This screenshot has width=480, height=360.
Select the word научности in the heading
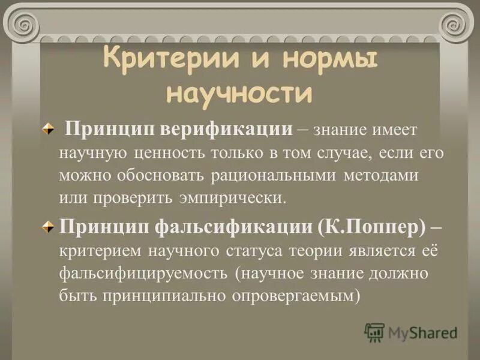239,93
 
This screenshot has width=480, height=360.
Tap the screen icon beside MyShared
374,332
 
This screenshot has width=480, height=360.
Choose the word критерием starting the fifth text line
95,251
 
